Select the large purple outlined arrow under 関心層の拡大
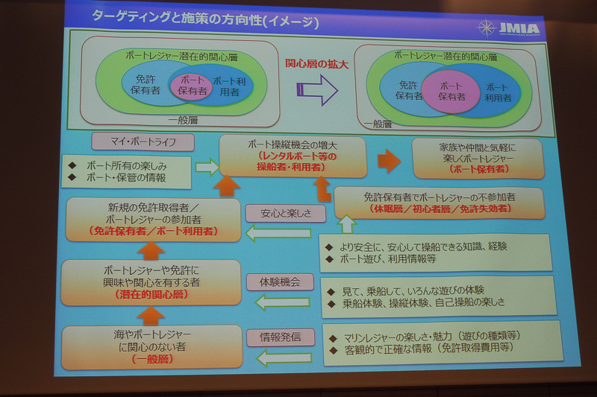317,89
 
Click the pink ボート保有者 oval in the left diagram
192,87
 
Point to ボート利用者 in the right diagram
498,92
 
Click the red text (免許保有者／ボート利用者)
152,232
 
